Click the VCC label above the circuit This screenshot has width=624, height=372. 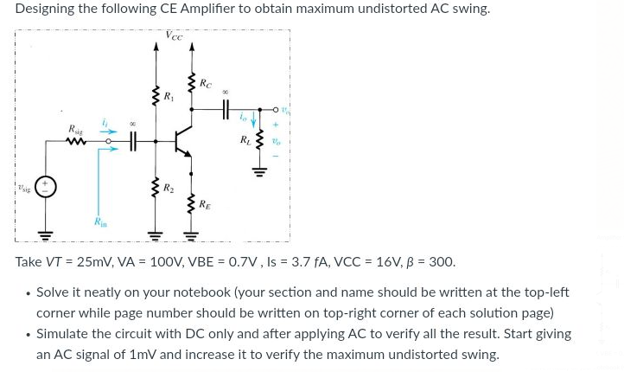(x=174, y=35)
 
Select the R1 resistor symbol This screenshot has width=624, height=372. (x=156, y=97)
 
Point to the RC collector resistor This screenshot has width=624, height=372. (x=191, y=85)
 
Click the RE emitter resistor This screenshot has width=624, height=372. (x=191, y=204)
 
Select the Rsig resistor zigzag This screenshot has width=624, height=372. (x=76, y=141)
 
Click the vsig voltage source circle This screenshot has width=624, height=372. (x=46, y=188)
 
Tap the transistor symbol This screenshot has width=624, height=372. (x=182, y=141)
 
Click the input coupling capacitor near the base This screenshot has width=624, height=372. (x=133, y=141)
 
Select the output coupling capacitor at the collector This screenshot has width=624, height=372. (x=226, y=110)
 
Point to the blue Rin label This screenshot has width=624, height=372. (x=100, y=223)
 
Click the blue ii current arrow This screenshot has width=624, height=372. (x=107, y=131)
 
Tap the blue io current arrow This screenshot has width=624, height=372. (x=252, y=120)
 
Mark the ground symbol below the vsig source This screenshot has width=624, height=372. (x=46, y=234)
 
